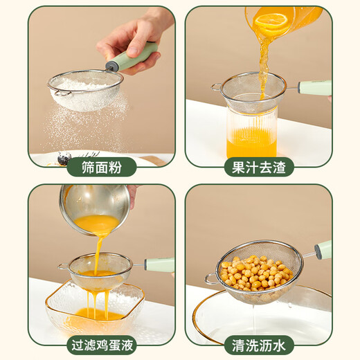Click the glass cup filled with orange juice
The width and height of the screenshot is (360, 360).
[x=251, y=132]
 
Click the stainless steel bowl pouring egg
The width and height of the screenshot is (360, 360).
[x=93, y=208]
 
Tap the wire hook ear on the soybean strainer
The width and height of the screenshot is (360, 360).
[x=210, y=279]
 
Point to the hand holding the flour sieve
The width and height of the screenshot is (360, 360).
[x=132, y=38]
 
